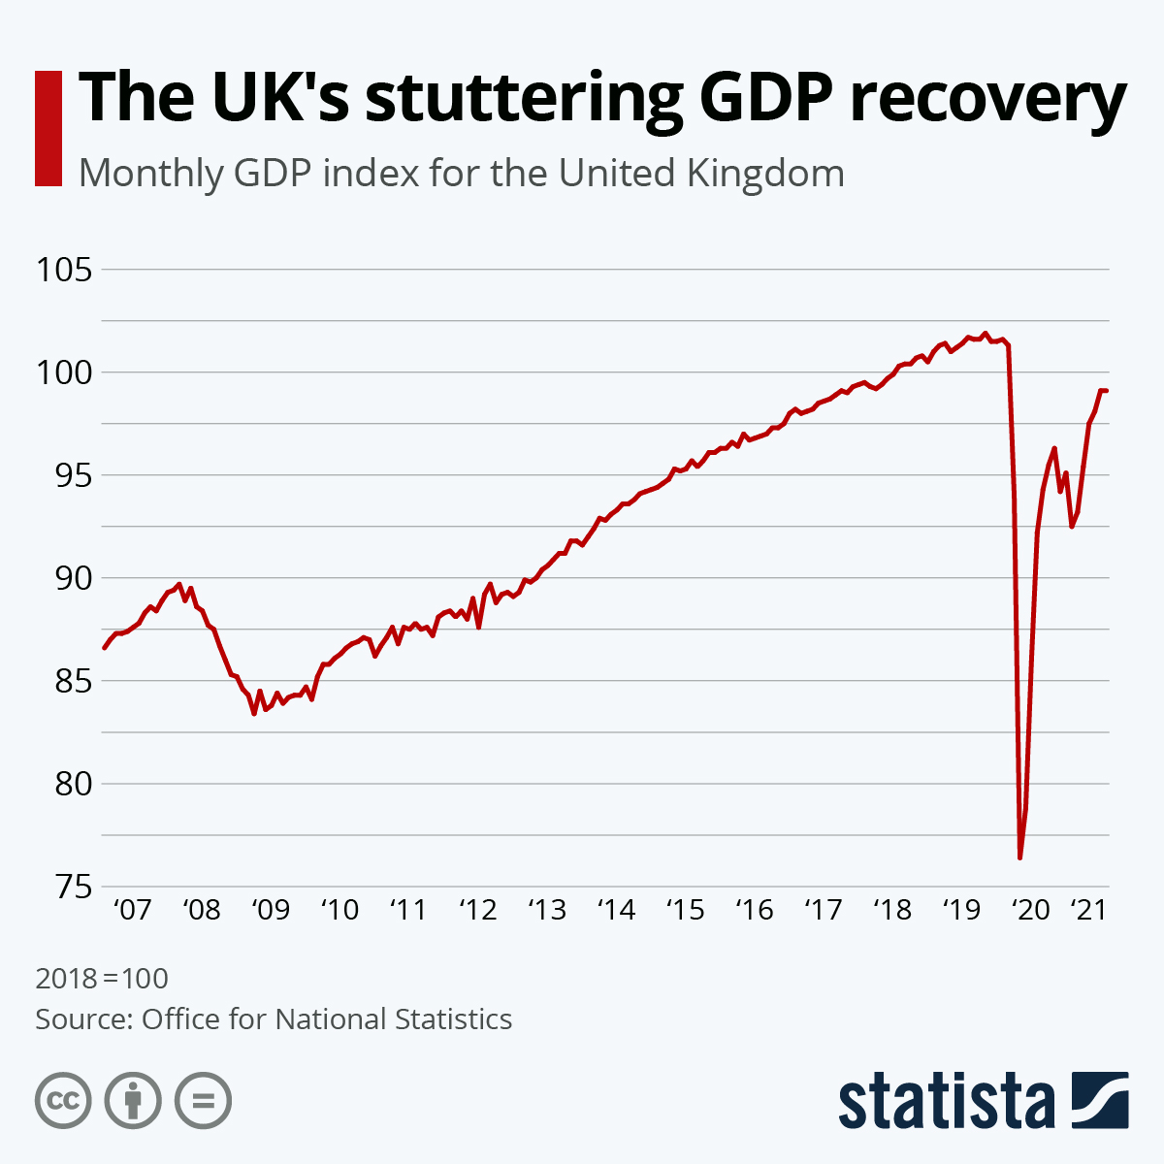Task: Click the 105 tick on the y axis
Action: pyautogui.click(x=63, y=270)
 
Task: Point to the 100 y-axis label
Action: pyautogui.click(x=63, y=372)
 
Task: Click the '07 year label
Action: pyautogui.click(x=132, y=910)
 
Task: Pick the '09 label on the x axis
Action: pyautogui.click(x=270, y=910)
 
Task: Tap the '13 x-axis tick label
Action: pyautogui.click(x=546, y=910)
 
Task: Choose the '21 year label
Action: pyautogui.click(x=1087, y=910)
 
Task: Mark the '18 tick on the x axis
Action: pyautogui.click(x=892, y=910)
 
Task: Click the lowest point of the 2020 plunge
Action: pyautogui.click(x=1020, y=857)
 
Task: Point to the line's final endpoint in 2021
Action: pyautogui.click(x=1107, y=391)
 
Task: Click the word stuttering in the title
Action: pyautogui.click(x=524, y=99)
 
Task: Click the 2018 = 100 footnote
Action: pyautogui.click(x=102, y=978)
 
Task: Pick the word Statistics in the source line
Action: pyautogui.click(x=454, y=1019)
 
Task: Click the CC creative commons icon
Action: pyautogui.click(x=63, y=1101)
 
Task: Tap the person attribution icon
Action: pyautogui.click(x=133, y=1101)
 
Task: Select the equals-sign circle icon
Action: pyautogui.click(x=203, y=1101)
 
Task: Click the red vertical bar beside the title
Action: pyautogui.click(x=48, y=127)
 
